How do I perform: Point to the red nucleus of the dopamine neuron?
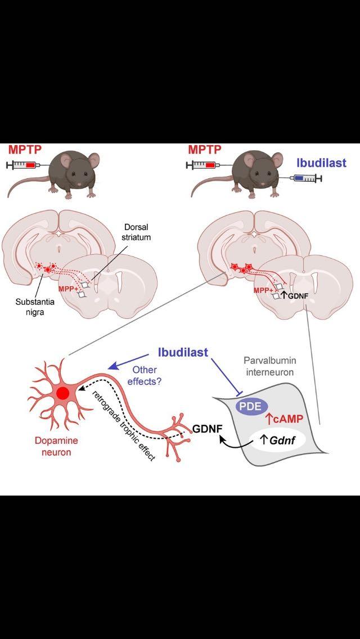click(62, 394)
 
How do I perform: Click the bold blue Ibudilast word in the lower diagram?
click(182, 353)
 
